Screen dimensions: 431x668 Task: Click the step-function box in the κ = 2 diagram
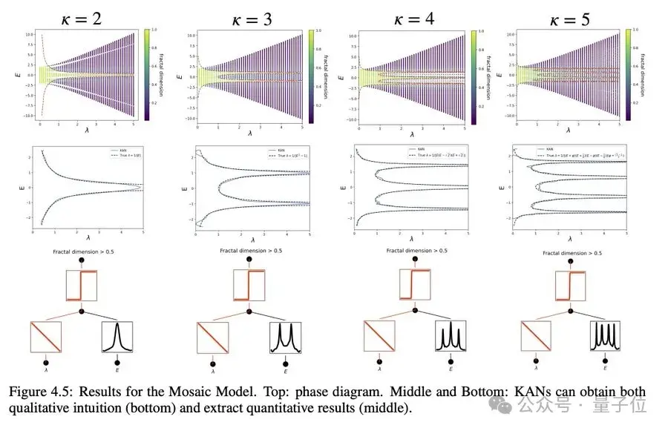click(82, 286)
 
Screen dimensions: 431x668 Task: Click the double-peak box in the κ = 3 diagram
click(285, 337)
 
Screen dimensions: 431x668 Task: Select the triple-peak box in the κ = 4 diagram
click(451, 338)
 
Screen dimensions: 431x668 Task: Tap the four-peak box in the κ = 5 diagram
click(606, 338)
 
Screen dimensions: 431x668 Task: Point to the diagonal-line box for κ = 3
click(213, 337)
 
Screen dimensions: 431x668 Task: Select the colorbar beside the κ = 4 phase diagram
click(473, 75)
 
